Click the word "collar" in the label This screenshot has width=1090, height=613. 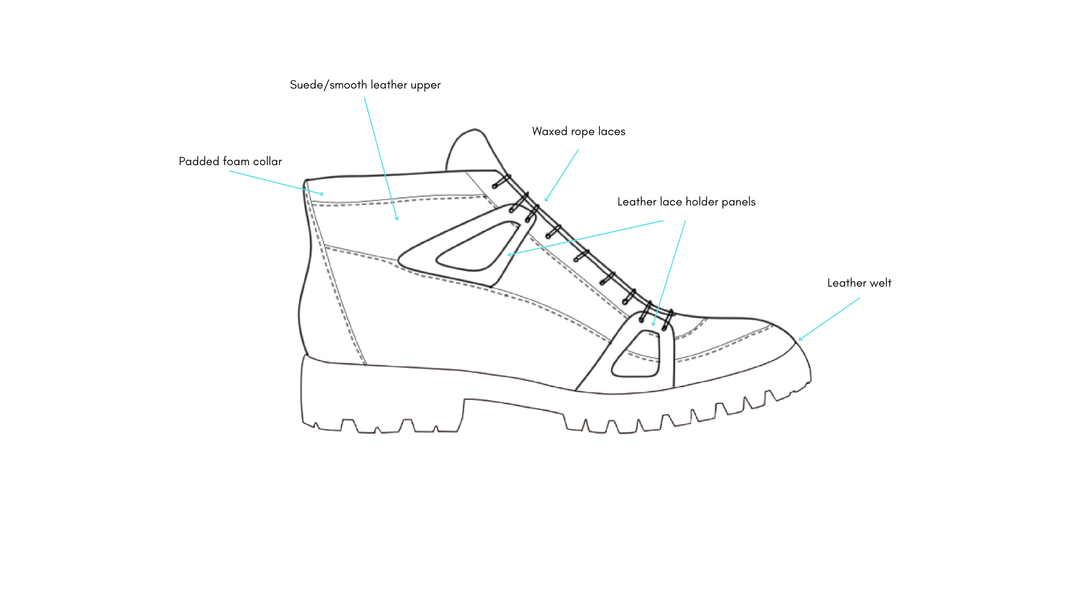(267, 162)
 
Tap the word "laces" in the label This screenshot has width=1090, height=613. (611, 132)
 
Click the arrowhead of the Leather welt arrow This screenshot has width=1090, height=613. (800, 339)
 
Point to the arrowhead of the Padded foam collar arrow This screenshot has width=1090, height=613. (322, 194)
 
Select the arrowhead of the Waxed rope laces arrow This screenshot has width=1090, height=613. (546, 200)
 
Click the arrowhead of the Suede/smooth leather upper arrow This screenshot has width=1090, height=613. (397, 219)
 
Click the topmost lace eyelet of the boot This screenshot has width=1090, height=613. (501, 182)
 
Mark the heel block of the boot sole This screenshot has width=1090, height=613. (380, 397)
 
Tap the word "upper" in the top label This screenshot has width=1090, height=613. (425, 85)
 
